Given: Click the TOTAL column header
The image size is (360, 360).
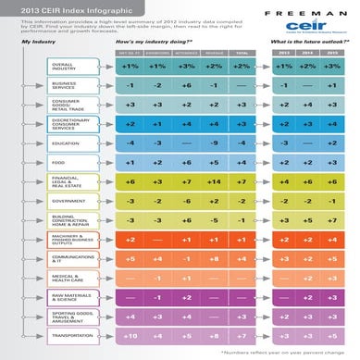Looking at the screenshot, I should pos(242,56).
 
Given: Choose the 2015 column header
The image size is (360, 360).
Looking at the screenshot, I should pos(331,56).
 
